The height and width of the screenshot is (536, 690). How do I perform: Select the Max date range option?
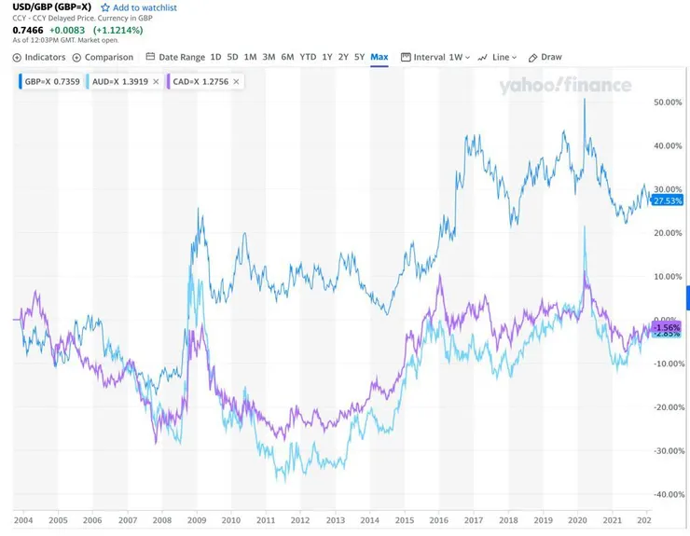pos(379,57)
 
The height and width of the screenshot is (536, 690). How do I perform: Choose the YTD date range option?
pos(308,57)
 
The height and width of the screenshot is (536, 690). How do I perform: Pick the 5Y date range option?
pos(359,57)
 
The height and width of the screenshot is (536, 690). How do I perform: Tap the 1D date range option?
pos(216,57)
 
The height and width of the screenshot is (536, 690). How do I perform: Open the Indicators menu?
pos(39,57)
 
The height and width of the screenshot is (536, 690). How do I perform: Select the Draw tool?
pos(545,57)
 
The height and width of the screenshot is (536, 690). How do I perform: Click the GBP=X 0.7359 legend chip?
pos(47,82)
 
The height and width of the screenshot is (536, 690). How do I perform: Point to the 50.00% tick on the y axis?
pos(669,103)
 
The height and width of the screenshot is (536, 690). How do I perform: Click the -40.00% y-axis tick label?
pos(668,494)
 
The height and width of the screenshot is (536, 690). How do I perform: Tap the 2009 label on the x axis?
pos(197,520)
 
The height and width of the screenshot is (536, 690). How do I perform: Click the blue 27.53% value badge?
pos(668,200)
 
